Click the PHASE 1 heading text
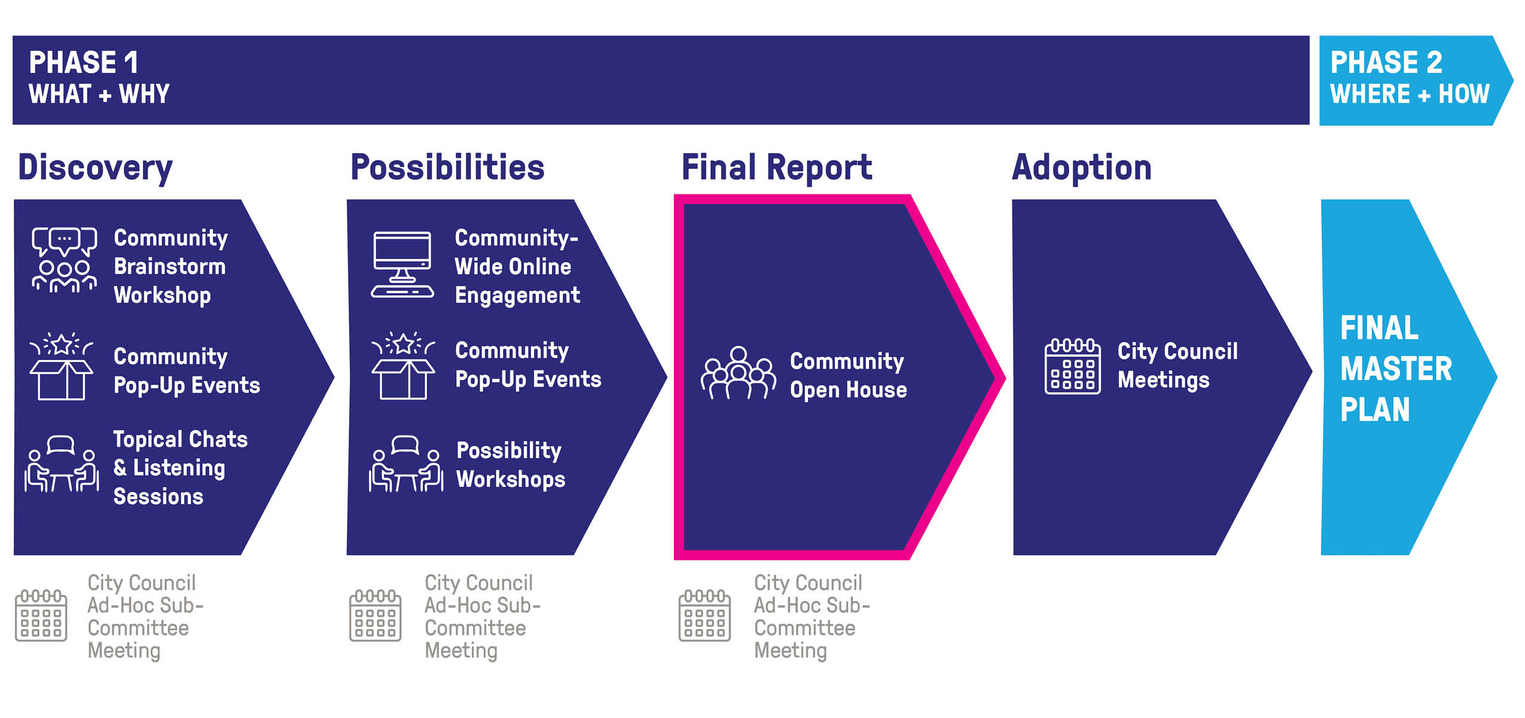83,62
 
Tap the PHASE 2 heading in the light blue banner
1386,62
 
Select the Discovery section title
95,168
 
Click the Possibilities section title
447,168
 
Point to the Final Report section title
776,168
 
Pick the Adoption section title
1081,168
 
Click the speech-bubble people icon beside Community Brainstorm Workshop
64,260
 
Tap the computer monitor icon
402,264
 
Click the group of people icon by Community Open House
739,373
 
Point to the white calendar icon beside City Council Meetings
1072,366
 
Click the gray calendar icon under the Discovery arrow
41,615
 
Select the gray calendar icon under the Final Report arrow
704,615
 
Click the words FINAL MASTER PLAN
1395,369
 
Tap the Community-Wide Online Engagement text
517,266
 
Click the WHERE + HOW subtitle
1409,94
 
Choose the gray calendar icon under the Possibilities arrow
375,615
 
